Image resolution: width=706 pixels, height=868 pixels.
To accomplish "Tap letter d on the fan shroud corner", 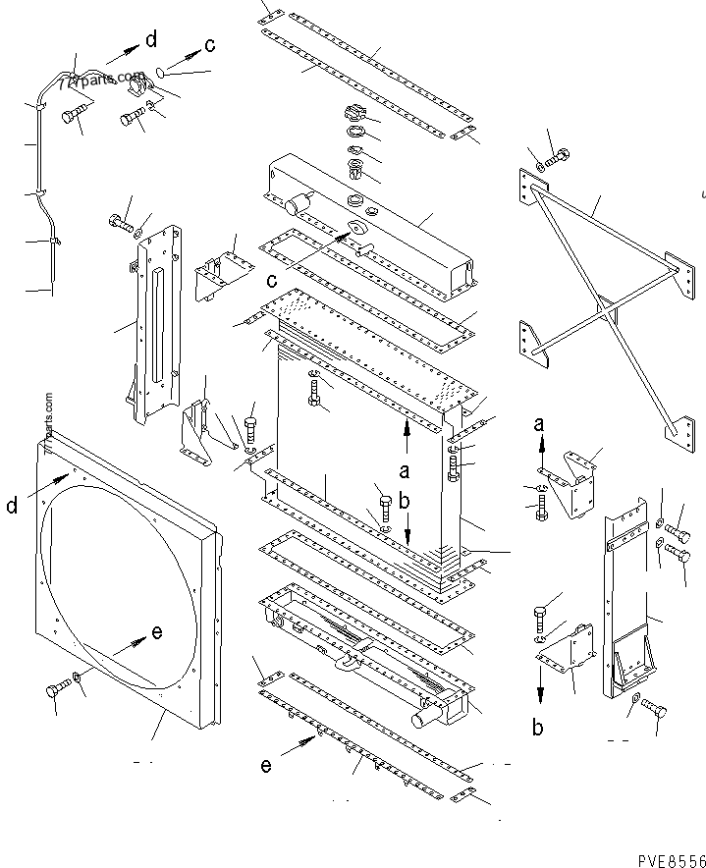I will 12,507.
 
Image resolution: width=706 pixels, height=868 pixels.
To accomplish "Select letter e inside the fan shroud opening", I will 156,633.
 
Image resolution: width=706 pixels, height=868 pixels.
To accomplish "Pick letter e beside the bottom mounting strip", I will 266,766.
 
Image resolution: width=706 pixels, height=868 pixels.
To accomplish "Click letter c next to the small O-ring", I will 209,44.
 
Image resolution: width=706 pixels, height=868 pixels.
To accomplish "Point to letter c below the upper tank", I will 271,281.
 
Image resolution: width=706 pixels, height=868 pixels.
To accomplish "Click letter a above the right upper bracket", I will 539,425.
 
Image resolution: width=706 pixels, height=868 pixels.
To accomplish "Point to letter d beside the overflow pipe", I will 150,39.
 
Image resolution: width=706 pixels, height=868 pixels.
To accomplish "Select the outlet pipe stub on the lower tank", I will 422,719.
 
